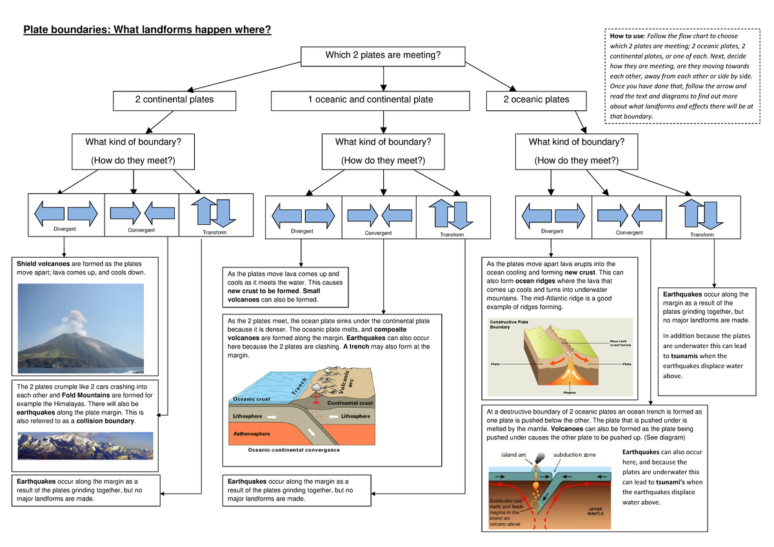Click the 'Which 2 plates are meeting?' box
point(383,55)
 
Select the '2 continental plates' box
point(174,100)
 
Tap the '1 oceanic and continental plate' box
point(370,100)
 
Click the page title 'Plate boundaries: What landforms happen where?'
point(147,30)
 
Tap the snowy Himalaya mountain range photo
point(85,445)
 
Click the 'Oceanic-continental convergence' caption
point(294,450)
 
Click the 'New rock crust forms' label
point(620,343)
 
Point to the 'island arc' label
point(513,454)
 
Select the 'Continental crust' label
point(350,403)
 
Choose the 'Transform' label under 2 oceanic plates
point(702,235)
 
